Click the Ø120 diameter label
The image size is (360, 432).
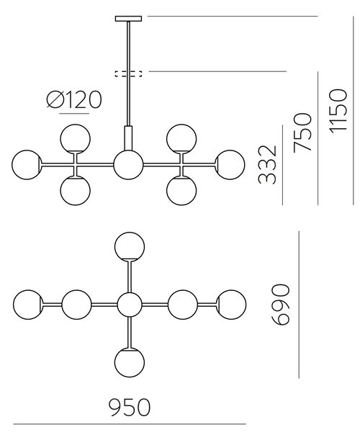point(74,99)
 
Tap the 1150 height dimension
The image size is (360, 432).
point(338,112)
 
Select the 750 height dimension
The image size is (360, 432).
point(302,132)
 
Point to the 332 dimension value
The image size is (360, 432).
point(267,164)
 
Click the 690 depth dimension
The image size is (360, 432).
point(281,305)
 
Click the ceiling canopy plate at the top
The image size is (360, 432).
point(128,19)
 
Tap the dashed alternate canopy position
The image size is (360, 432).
point(128,73)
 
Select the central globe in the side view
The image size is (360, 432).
point(128,165)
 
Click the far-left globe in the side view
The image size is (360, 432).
point(27,165)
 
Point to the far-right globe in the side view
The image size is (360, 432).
point(230,165)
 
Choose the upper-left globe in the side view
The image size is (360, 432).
point(75,138)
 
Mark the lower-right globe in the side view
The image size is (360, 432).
point(181,191)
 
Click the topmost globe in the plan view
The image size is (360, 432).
point(130,246)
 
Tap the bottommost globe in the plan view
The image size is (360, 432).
point(130,363)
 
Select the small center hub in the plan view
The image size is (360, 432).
point(130,305)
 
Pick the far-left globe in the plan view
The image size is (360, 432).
point(28,305)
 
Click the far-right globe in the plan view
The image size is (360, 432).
point(231,305)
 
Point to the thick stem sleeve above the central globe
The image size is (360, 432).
point(128,138)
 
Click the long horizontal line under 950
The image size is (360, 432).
point(130,424)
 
